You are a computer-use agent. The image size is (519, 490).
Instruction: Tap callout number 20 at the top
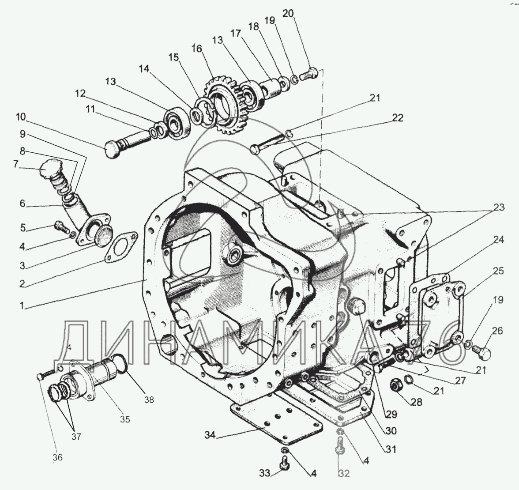click(288, 14)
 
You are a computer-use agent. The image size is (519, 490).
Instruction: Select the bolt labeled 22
click(267, 143)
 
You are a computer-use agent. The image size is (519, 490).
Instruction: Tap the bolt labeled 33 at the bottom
click(284, 463)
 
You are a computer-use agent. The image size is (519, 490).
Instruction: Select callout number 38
click(149, 400)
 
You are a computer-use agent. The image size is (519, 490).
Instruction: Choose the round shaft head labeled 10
click(112, 150)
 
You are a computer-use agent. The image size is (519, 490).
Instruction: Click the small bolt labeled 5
click(60, 226)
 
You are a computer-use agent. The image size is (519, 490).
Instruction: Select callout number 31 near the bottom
click(390, 449)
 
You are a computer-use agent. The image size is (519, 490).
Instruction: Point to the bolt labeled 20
click(309, 74)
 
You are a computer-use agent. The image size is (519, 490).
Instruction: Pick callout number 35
click(125, 419)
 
